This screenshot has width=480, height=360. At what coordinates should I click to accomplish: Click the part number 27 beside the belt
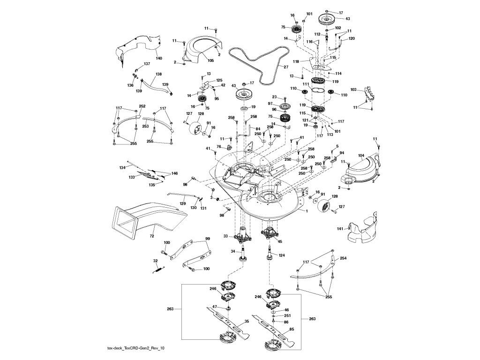[286, 67]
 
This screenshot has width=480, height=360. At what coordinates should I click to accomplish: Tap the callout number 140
[159, 58]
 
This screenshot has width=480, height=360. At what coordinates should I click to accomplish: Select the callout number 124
[282, 255]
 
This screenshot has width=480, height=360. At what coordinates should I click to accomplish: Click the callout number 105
[210, 60]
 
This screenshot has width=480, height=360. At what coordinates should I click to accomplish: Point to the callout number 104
[361, 156]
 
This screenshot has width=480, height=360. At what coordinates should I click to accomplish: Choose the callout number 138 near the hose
[158, 74]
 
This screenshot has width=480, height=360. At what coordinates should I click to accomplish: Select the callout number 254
[343, 259]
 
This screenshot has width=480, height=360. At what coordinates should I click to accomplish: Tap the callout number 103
[353, 90]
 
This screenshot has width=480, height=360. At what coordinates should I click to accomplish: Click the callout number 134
[122, 168]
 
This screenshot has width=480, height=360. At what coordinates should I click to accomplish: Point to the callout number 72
[151, 236]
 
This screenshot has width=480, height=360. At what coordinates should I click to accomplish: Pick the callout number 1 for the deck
[307, 211]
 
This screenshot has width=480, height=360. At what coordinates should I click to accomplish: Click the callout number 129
[183, 203]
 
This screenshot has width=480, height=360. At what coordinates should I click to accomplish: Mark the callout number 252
[142, 106]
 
